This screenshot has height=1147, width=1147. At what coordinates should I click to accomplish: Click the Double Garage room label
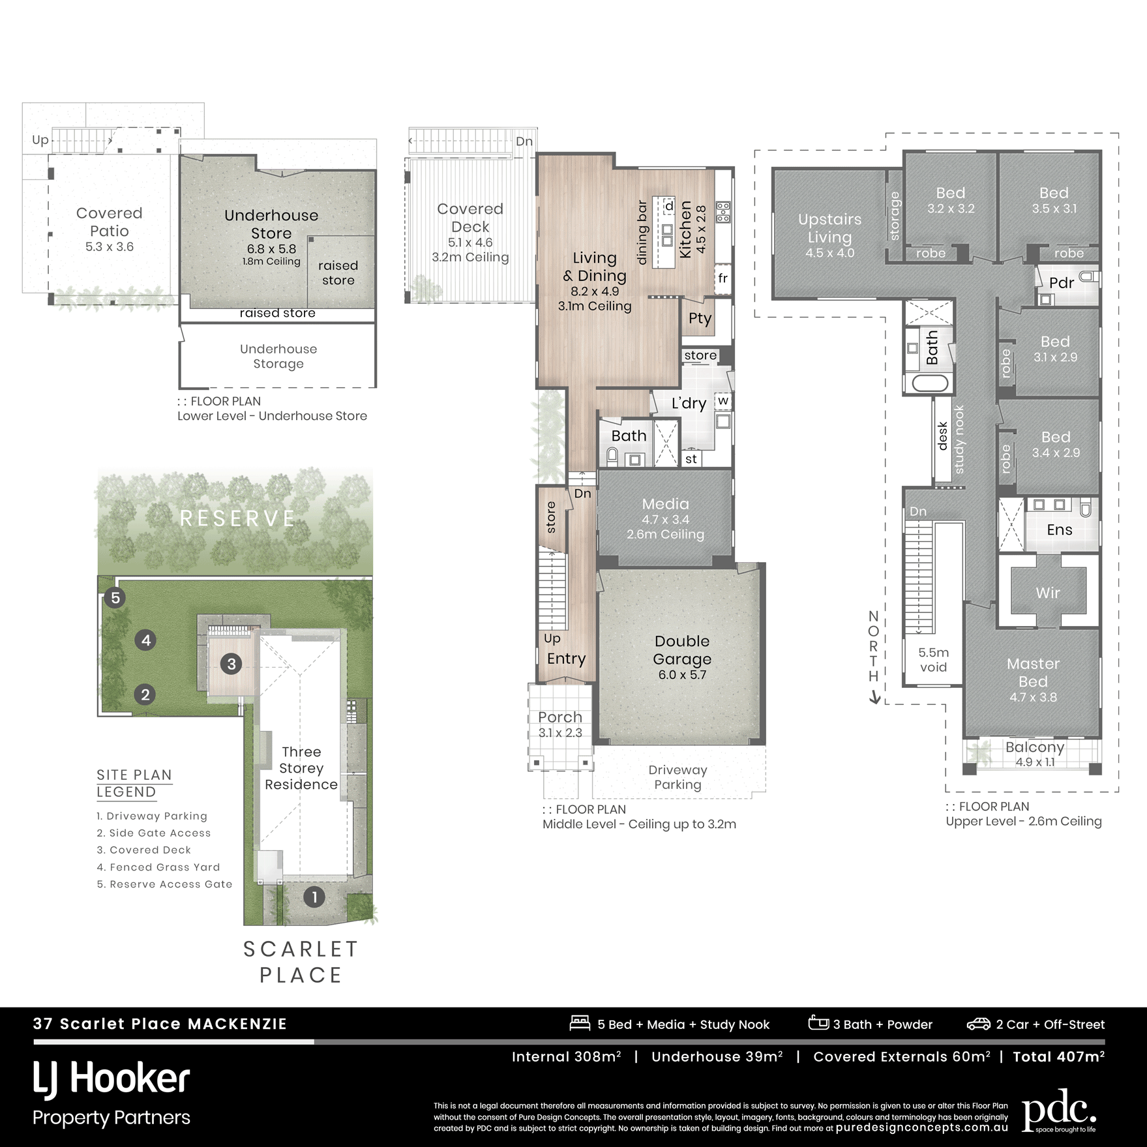pos(682,650)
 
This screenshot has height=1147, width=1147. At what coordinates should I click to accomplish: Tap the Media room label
pos(665,504)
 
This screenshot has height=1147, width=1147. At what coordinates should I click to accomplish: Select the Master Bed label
pos(1033,672)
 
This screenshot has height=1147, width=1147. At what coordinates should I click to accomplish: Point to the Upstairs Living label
pos(829,228)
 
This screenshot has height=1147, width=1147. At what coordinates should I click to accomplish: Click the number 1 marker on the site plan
pos(314,897)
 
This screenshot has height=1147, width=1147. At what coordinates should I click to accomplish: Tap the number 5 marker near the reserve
pos(115,598)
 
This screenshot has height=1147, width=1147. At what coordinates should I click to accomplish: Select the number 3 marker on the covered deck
pos(231,664)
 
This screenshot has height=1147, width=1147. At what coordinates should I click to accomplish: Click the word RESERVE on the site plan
pos(237,518)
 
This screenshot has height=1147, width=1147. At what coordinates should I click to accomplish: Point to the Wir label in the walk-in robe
pos(1048,593)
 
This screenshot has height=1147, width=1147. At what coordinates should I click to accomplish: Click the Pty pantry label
pos(700,319)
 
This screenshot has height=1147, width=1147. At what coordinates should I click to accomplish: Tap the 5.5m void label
pos(933,659)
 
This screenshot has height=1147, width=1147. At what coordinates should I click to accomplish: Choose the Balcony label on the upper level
pos(1035,747)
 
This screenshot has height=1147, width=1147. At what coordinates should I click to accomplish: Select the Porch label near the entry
pos(560,717)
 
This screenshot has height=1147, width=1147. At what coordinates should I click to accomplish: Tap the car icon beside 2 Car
pos(978,1024)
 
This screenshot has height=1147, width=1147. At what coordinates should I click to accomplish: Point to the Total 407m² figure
pos(1059,1056)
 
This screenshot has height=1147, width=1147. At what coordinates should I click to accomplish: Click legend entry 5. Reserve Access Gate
pos(164,884)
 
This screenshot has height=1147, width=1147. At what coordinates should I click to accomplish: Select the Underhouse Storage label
pos(278,356)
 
